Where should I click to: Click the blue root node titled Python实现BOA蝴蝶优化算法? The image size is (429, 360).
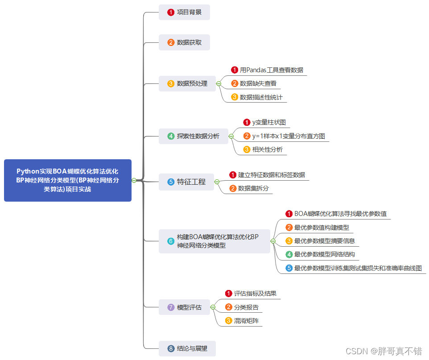point(67,180)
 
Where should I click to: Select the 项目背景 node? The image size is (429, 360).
point(184,12)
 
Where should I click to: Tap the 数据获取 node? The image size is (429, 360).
point(184,42)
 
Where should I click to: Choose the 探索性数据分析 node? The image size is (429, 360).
point(194,136)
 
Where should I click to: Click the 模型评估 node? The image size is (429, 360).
point(184,307)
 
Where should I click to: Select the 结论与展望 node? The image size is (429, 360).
point(187,348)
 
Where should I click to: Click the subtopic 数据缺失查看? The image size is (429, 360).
point(258,83)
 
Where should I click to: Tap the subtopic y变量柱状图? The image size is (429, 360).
point(268,122)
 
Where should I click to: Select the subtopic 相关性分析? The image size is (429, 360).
point(267,149)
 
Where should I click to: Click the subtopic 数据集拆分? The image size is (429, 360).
point(253,188)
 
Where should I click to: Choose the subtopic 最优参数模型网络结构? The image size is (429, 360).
point(324,254)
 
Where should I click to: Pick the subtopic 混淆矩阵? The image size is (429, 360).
point(246,320)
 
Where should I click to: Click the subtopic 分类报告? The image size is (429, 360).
point(246,307)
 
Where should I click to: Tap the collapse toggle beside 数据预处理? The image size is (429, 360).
point(219,83)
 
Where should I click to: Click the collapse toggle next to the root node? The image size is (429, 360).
point(134,180)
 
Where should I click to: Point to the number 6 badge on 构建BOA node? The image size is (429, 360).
point(171,241)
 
